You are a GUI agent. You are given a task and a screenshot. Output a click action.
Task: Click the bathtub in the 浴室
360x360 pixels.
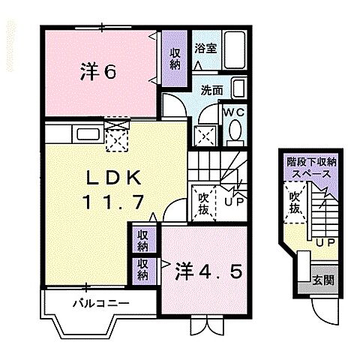[232, 50]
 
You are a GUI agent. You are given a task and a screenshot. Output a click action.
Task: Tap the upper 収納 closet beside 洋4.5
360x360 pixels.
[142, 240]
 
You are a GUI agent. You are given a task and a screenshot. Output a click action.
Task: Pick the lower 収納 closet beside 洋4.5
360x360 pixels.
[142, 268]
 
